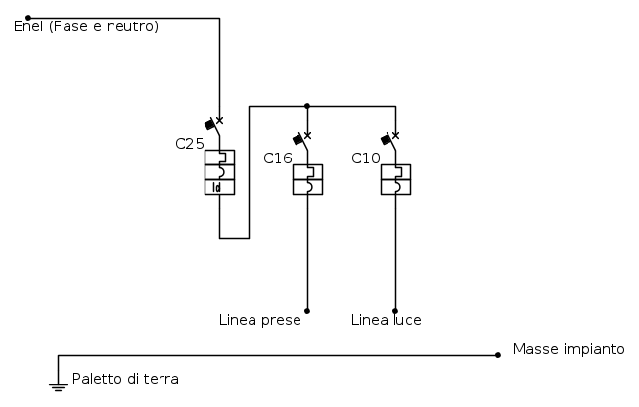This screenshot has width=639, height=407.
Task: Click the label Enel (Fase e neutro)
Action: [x=86, y=26]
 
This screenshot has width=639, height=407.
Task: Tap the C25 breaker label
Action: [x=190, y=143]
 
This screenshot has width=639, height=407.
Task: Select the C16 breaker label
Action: [x=278, y=158]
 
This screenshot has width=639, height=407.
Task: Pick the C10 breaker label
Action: [x=366, y=158]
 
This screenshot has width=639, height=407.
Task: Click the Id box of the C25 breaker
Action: [x=219, y=187]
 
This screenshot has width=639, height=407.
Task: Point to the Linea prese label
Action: [x=259, y=320]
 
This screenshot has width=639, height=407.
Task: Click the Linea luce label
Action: [x=387, y=320]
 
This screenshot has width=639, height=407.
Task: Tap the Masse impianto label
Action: [x=569, y=349]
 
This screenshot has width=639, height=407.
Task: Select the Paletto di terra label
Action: [x=125, y=379]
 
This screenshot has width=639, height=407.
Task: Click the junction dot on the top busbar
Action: [x=307, y=105]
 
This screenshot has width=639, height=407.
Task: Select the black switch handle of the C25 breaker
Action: [x=209, y=125]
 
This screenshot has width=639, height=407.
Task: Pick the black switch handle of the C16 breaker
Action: [x=297, y=140]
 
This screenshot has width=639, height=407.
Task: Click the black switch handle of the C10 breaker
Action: [x=386, y=140]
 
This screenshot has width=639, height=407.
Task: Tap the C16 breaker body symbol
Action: [x=307, y=179]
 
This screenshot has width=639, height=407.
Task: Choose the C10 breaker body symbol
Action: [x=395, y=179]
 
